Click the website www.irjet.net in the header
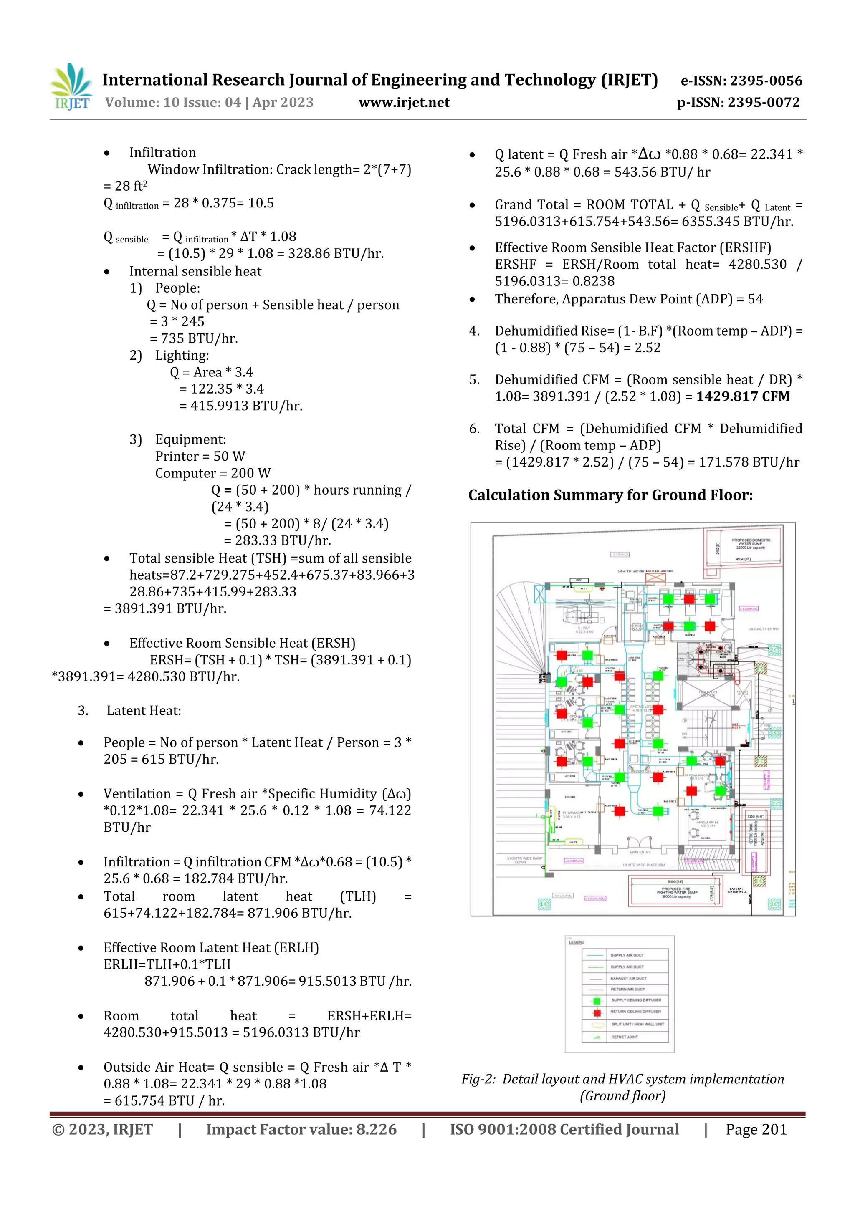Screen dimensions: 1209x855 pos(404,103)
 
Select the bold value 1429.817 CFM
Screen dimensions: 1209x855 pos(743,396)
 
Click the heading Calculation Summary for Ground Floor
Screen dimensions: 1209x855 pos(610,495)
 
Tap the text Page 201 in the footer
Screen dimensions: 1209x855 pos(756,1129)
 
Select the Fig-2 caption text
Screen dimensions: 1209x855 pos(623,1088)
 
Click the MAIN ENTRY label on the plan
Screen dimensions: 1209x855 pos(640,851)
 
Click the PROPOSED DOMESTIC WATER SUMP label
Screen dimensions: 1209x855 pos(751,543)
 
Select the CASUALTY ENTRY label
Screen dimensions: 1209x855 pos(763,629)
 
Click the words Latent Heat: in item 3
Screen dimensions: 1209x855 pos(144,711)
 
